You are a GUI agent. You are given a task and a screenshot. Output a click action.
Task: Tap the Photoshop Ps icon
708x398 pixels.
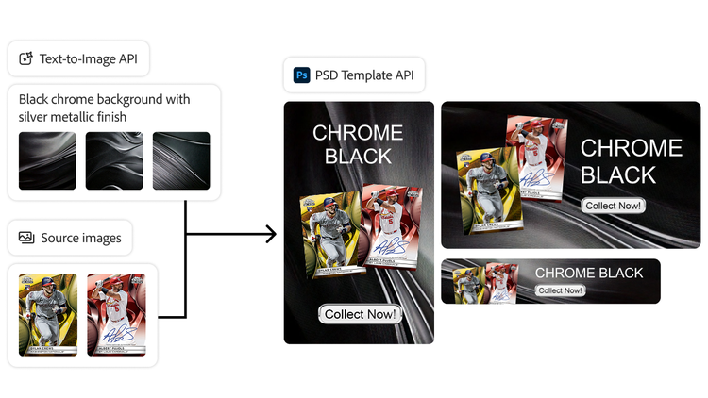[x=302, y=75]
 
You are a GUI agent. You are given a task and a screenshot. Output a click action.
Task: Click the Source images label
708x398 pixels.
[x=81, y=239]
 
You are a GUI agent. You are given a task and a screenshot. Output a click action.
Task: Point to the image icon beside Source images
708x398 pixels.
[x=26, y=239]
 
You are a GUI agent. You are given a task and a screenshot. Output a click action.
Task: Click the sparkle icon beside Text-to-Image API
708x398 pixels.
[x=26, y=59]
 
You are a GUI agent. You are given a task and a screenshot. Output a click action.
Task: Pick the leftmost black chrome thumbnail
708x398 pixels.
[x=47, y=160]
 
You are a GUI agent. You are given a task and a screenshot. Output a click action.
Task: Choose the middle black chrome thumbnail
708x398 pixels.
[x=114, y=160]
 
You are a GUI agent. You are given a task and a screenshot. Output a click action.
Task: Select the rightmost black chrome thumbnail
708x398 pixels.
[x=181, y=160]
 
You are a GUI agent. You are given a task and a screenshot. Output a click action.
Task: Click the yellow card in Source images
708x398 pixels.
[x=48, y=315]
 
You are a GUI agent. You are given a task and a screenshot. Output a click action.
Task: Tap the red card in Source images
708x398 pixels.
[x=116, y=315]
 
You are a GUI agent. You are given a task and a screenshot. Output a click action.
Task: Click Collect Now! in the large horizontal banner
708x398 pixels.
[x=613, y=206]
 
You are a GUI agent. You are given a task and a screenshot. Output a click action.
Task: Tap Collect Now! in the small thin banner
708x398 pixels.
[x=559, y=290]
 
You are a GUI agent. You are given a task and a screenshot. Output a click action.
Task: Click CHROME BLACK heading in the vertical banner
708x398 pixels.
[x=358, y=144]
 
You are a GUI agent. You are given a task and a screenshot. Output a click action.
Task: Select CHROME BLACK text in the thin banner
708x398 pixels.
[x=589, y=274]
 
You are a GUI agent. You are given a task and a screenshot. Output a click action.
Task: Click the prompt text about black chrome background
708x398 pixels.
[x=104, y=108]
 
